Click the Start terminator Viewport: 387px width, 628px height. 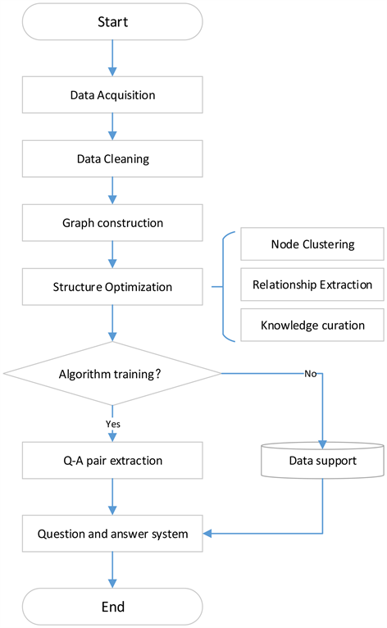pos(113,21)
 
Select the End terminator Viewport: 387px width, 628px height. pos(113,607)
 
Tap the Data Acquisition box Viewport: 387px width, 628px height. pos(113,95)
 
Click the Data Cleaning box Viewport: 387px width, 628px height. pos(113,159)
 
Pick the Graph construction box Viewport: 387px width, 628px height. pos(113,223)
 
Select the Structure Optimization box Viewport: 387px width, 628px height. pos(113,287)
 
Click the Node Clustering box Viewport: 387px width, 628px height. pos(312,244)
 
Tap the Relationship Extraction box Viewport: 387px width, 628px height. pos(312,284)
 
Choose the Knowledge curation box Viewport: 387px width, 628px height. pos(312,325)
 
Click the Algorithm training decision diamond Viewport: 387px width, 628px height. pos(113,374)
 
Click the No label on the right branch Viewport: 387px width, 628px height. pos(311,374)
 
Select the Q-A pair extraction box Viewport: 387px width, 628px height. pos(113,461)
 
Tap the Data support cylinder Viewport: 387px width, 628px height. pos(322,461)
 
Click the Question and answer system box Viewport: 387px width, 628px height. pos(113,534)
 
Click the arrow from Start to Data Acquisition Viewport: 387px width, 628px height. pos(113,57)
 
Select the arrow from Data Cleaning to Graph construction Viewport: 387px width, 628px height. pos(113,191)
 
